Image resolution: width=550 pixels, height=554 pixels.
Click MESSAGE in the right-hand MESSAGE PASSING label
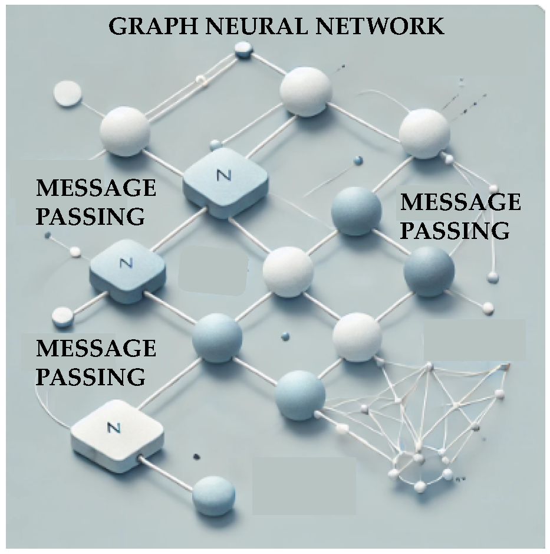[460, 202]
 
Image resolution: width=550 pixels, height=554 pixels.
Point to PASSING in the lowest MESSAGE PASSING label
[91, 376]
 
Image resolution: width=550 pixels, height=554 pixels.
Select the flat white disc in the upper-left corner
[67, 93]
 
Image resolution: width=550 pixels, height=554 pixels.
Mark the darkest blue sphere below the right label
[429, 271]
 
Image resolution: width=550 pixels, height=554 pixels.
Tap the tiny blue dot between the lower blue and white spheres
[285, 336]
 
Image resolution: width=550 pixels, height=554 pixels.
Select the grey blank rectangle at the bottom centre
[304, 485]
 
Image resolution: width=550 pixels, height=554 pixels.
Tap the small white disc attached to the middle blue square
[61, 317]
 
